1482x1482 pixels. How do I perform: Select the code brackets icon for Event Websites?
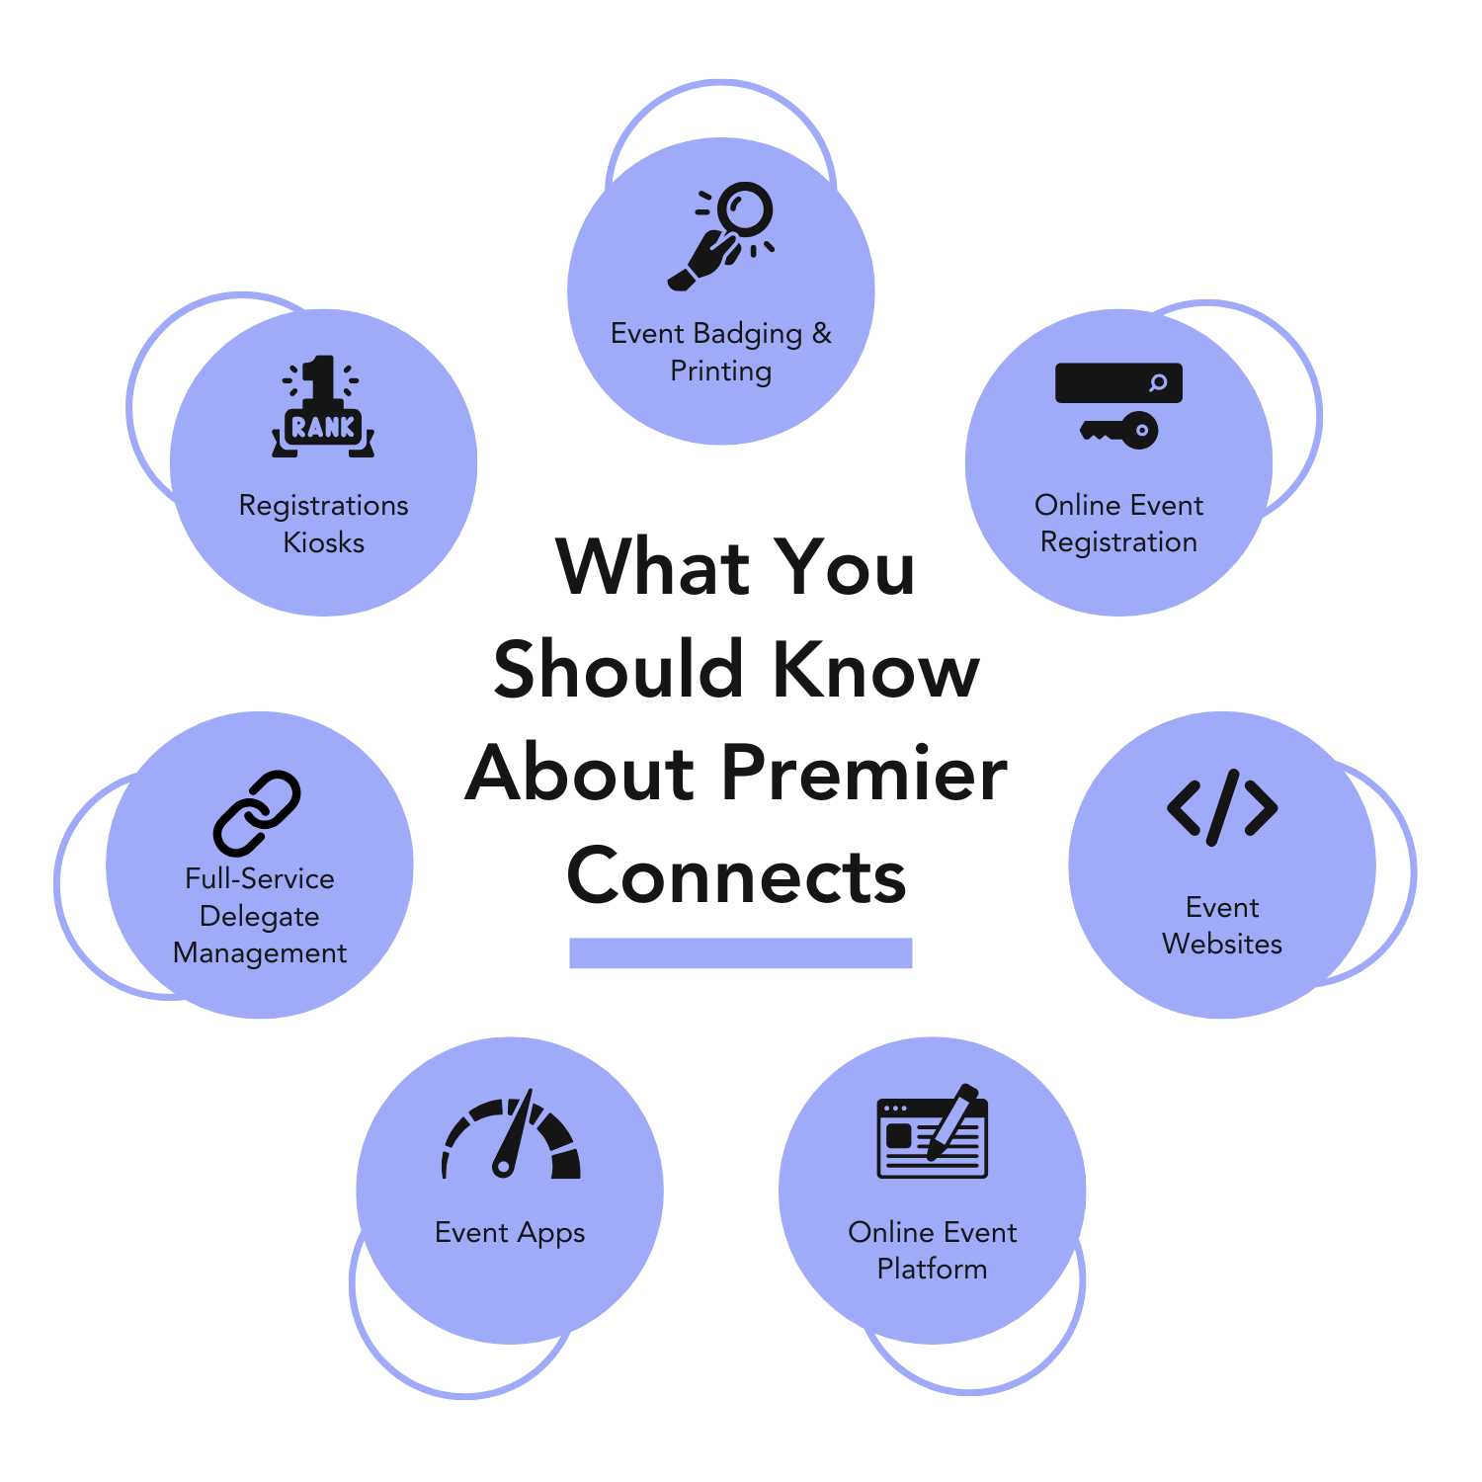coord(1222,807)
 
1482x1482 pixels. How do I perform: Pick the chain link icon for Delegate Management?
coord(257,812)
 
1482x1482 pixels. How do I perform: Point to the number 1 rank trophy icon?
coord(323,406)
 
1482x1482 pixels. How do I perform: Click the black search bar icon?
coord(1118,382)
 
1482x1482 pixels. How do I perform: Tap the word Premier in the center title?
coord(864,773)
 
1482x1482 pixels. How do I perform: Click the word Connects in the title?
coord(737,875)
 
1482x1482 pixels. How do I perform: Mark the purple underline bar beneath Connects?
coord(740,952)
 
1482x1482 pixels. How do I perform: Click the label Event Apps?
coord(510,1233)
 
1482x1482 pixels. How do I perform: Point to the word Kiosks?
coord(324,542)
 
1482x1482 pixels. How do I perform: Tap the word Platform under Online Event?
coord(932,1269)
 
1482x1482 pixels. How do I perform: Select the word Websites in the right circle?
coord(1222,944)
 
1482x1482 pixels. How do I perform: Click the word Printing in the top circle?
coord(721,371)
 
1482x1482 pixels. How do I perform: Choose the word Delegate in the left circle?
coord(260,916)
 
